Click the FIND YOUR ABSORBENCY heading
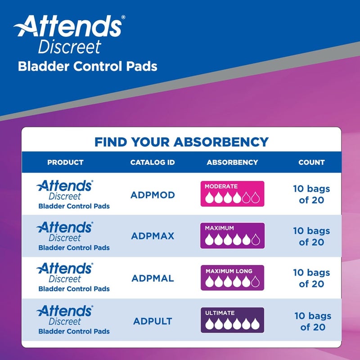pos(181,142)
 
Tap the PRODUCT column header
pos(65,162)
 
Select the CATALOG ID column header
pos(152,162)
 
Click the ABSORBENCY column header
pos(232,162)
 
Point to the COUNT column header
pos(311,162)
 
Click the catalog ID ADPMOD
pos(152,195)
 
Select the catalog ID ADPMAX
pos(152,236)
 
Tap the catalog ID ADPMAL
pos(152,278)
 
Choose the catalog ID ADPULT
pos(152,321)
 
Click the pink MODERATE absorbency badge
pos(232,193)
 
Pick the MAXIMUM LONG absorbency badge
pos(232,278)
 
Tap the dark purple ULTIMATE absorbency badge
pos(232,320)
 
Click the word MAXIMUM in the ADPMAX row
pos(219,228)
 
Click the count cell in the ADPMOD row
pos(311,194)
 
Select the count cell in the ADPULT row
pos(312,321)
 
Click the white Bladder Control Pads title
pos(87,67)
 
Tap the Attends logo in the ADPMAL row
pos(65,269)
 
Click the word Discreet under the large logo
pos(69,47)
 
